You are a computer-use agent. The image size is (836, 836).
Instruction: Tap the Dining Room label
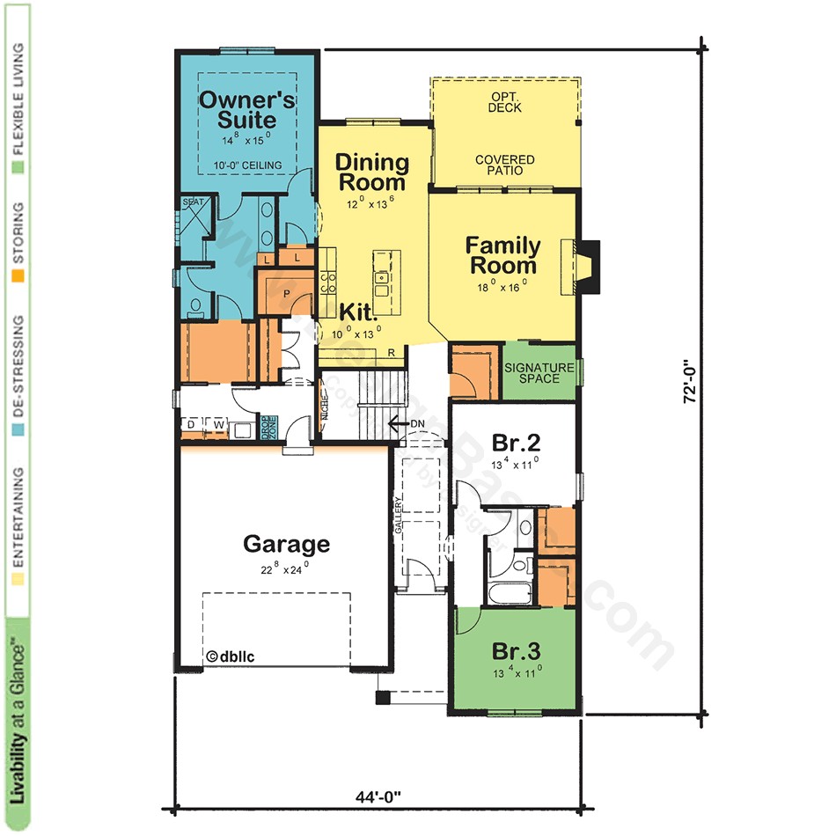[371, 172]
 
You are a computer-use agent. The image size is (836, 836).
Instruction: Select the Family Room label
[502, 255]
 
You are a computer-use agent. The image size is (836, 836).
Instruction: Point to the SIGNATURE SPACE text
[539, 372]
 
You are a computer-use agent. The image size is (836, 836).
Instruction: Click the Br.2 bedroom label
[510, 442]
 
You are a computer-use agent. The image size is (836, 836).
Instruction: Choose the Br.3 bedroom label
[516, 652]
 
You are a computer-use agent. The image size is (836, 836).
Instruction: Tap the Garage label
[286, 544]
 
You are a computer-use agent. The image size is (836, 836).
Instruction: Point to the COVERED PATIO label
[504, 165]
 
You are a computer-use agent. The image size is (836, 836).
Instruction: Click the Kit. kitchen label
[359, 312]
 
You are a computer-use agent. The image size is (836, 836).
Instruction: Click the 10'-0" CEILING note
[247, 165]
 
